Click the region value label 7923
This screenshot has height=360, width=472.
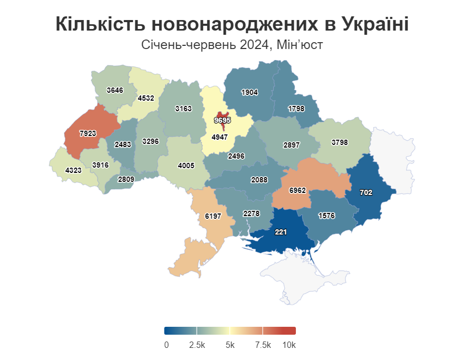[88, 133]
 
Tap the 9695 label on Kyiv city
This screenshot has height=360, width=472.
[222, 120]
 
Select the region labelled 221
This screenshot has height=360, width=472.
[281, 231]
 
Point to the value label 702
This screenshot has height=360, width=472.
[366, 193]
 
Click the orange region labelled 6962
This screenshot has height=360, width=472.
[298, 190]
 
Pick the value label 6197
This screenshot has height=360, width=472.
[213, 216]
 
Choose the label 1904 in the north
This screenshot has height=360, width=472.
[249, 92]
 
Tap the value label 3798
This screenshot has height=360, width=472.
[340, 142]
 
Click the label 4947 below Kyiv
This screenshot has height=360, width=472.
[219, 137]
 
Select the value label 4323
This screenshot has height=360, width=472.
[73, 171]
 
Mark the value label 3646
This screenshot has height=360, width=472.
[114, 90]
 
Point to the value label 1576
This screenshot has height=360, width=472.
[327, 216]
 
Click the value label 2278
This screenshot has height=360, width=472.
[251, 213]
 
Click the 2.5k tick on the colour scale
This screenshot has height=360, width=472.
[197, 345]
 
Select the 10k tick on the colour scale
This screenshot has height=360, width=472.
[289, 345]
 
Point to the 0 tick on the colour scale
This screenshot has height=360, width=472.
[166, 345]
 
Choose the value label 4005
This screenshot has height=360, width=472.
[186, 166]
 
